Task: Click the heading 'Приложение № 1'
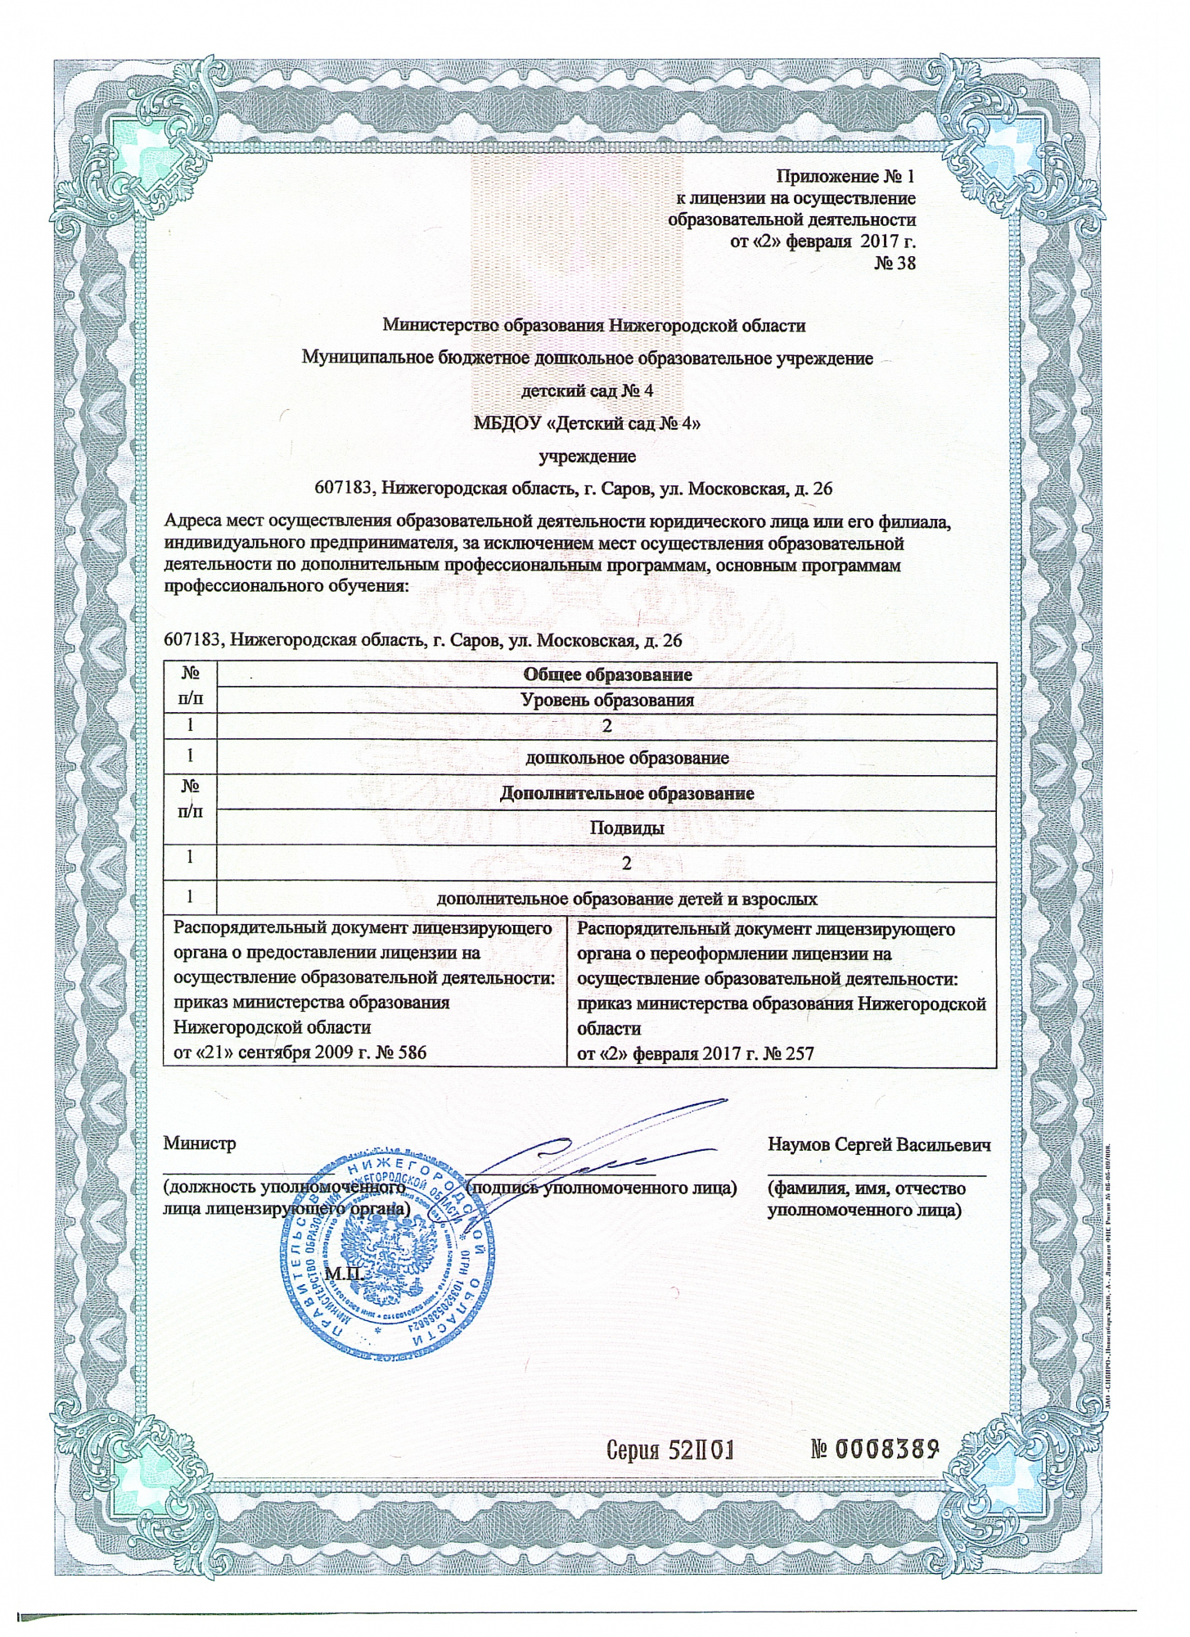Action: (x=845, y=177)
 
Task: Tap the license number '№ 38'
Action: (x=894, y=263)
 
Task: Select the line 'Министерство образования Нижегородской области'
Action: (x=594, y=326)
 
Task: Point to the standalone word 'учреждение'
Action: (x=587, y=456)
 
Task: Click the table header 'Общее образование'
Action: (x=607, y=674)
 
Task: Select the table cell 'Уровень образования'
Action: (x=607, y=701)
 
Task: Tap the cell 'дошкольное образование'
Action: (x=627, y=758)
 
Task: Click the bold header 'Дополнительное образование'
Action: (x=627, y=793)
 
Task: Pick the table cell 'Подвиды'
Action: (x=627, y=828)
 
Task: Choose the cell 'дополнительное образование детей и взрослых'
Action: (x=627, y=899)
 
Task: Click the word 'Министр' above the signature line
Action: (x=200, y=1143)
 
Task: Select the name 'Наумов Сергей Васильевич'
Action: (x=879, y=1144)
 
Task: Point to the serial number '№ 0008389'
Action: (x=873, y=1450)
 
